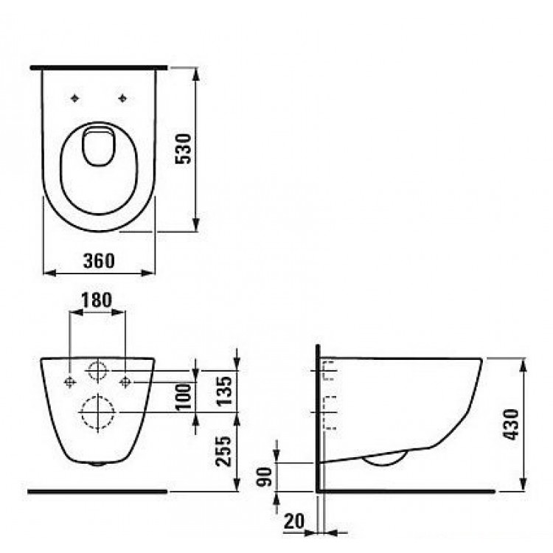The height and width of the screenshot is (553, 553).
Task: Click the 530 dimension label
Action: coord(187,149)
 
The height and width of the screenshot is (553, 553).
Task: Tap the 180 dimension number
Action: coord(97,300)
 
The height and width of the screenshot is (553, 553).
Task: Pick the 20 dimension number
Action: coord(293,521)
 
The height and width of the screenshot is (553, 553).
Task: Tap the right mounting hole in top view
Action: coord(122,98)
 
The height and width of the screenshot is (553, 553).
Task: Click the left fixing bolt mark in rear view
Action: coord(69,381)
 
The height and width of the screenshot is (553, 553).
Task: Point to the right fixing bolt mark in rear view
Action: coord(125,381)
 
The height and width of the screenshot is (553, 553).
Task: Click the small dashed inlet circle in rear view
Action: coord(97,371)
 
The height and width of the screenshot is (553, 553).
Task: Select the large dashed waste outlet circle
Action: coord(97,411)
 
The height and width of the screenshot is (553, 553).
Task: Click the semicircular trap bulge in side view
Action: coord(385,459)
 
